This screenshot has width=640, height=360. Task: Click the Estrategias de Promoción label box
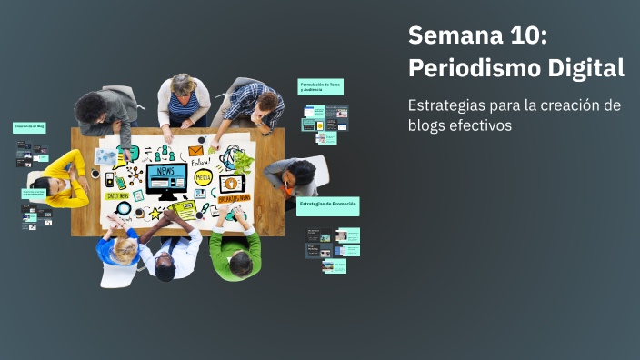point(327,205)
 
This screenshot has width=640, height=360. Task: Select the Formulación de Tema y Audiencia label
point(321,86)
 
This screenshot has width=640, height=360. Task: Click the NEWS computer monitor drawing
point(165,179)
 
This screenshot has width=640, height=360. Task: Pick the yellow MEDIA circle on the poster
point(203,177)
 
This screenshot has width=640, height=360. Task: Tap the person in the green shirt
point(235,250)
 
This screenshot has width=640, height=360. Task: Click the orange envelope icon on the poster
point(195,152)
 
